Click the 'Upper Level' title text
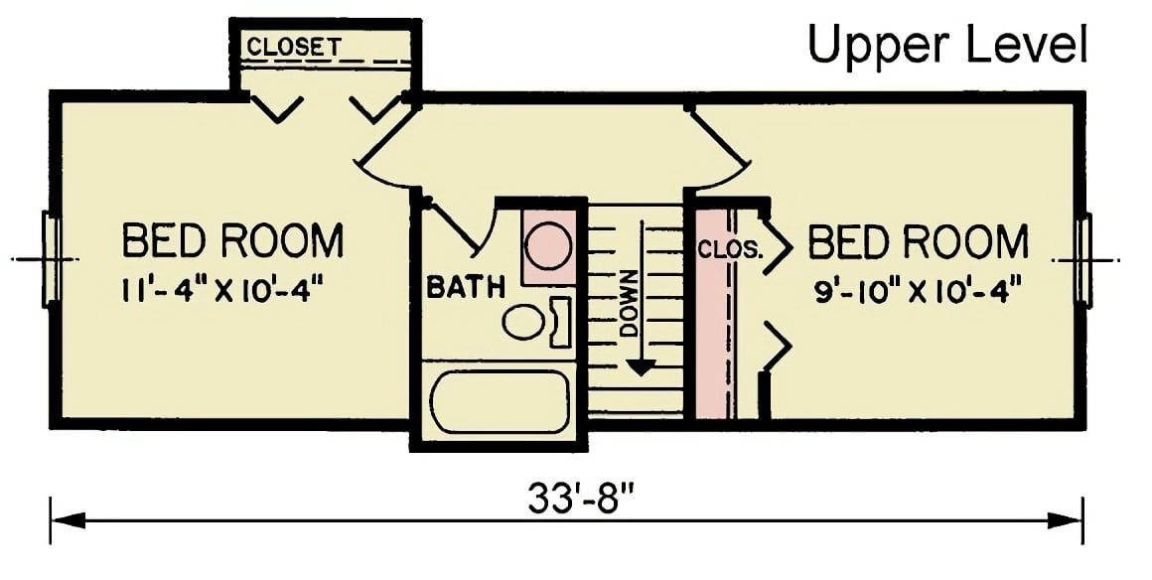pyautogui.click(x=947, y=45)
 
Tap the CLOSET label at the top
pyautogui.click(x=294, y=47)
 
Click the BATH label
pyautogui.click(x=465, y=288)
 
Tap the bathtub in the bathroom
pyautogui.click(x=500, y=401)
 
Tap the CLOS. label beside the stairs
pyautogui.click(x=730, y=248)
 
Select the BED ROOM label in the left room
pyautogui.click(x=233, y=241)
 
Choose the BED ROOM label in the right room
pyautogui.click(x=919, y=242)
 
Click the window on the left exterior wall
pyautogui.click(x=51, y=258)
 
